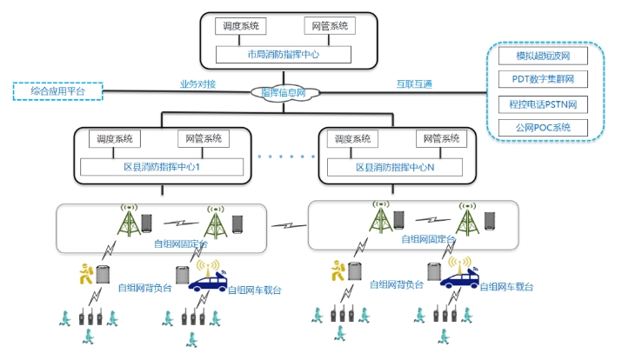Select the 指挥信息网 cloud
[x=284, y=91]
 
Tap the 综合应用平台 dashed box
[x=58, y=90]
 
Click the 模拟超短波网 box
[x=544, y=57]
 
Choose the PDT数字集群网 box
[x=544, y=80]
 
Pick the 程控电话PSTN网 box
[x=544, y=103]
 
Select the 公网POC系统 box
[x=544, y=127]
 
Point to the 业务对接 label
[x=197, y=84]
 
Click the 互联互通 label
[x=414, y=84]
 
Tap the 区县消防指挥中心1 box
[x=162, y=166]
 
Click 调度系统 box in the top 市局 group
[x=240, y=27]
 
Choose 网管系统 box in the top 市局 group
[x=330, y=27]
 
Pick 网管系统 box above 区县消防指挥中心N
[x=441, y=139]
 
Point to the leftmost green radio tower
[x=129, y=223]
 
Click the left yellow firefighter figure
[x=84, y=273]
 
